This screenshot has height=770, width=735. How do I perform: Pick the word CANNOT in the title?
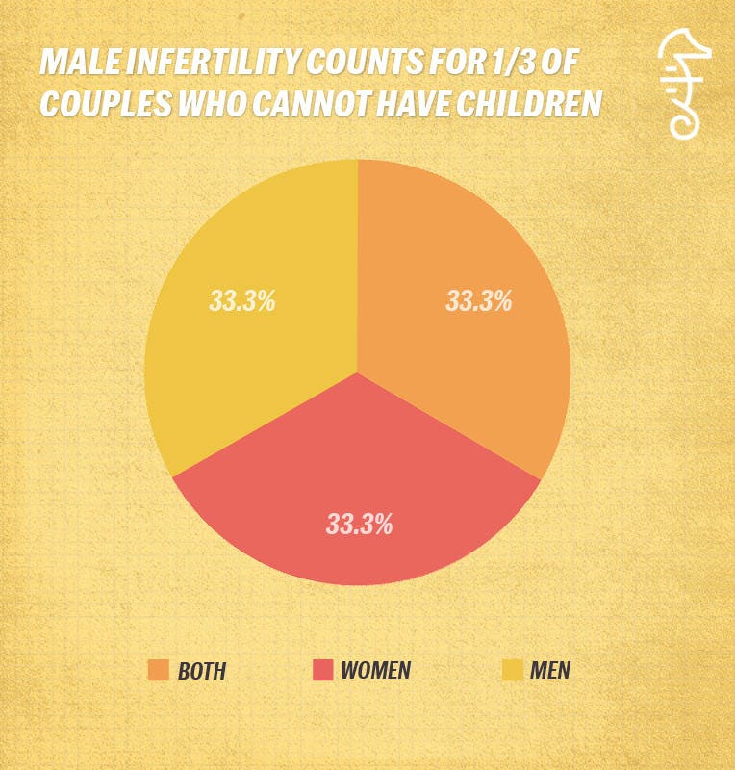pos(308,103)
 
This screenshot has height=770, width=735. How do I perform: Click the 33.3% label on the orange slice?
pos(478,301)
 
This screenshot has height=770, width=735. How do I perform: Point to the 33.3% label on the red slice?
pos(359,525)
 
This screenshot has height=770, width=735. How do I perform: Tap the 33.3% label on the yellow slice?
pos(242,301)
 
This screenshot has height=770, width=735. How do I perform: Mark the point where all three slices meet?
pos(358,372)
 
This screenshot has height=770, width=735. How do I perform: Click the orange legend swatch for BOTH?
pos(159,670)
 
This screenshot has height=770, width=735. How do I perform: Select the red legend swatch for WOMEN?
pos(322,670)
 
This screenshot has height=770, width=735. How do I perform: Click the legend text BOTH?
pos(202,671)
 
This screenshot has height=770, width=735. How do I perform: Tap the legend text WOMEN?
pos(376,671)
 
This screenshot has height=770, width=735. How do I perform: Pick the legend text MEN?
pos(551,671)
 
